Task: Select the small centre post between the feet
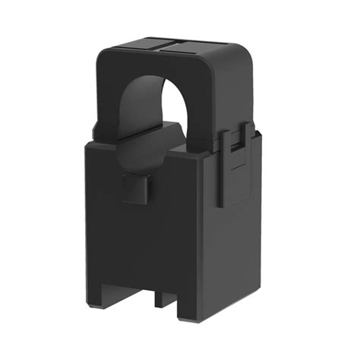click(x=163, y=298)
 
